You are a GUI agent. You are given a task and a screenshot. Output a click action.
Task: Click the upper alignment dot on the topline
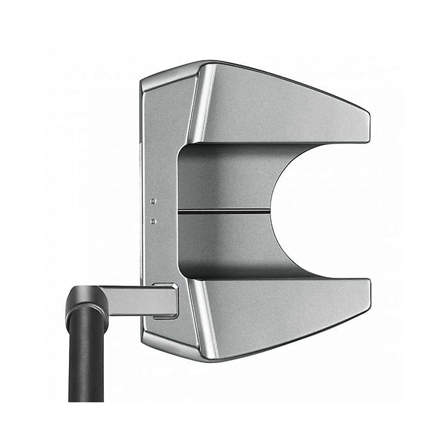coord(153,201)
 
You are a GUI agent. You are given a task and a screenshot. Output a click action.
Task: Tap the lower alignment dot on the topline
coord(153,221)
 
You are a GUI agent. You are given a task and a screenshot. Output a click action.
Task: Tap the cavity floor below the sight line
coord(223,242)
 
